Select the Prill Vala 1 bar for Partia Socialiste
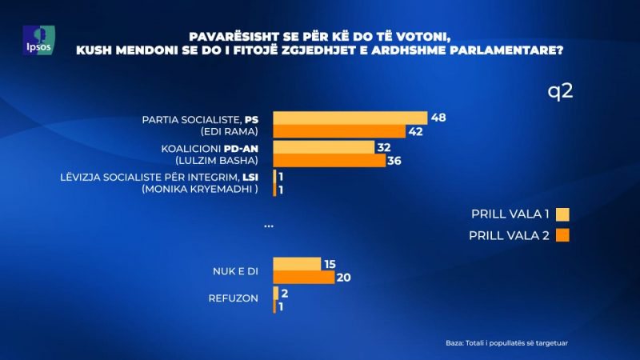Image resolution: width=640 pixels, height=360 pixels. click(x=350, y=118)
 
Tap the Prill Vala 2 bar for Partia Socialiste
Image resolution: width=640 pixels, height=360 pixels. click(x=339, y=131)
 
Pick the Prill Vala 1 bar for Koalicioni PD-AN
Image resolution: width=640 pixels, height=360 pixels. click(x=323, y=148)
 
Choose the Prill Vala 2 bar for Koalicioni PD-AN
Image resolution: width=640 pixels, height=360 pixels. click(x=329, y=161)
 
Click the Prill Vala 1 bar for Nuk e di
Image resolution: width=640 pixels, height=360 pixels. click(x=296, y=264)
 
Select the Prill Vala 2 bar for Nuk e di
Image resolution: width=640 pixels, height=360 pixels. click(x=303, y=278)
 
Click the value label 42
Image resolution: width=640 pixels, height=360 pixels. click(x=414, y=131)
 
